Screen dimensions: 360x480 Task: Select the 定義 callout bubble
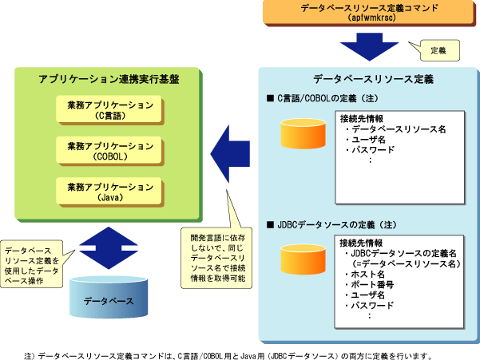(x=438, y=50)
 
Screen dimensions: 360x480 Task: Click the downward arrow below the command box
(x=368, y=48)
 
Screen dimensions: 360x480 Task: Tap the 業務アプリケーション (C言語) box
(x=109, y=110)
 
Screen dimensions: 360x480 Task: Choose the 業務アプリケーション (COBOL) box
(x=109, y=151)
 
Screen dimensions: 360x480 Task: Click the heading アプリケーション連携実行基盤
(x=109, y=80)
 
